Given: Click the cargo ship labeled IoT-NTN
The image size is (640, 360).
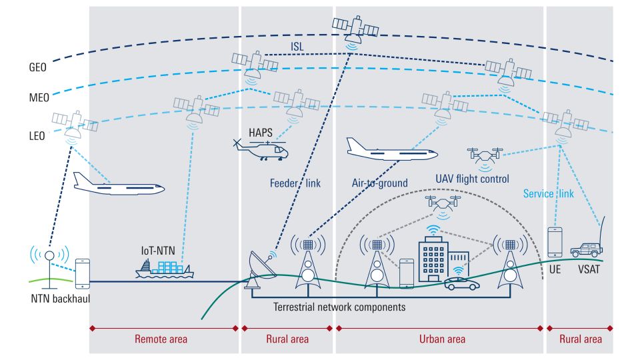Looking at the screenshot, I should pos(165,268).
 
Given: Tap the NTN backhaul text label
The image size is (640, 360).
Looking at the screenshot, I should pos(60,298).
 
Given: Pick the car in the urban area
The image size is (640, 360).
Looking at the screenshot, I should pos(461,283).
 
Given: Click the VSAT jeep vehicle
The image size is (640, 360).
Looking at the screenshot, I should pos(585,249).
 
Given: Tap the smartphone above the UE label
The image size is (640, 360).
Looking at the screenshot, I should pos(555,242).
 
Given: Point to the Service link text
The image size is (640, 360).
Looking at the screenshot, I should pos(548,193).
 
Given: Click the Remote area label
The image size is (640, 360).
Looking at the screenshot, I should pos(161,339).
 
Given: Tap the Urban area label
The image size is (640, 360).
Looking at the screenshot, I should pos(442,339).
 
